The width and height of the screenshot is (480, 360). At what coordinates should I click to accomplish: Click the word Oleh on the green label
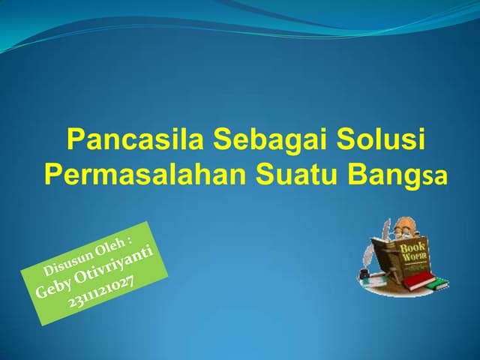tap(113, 241)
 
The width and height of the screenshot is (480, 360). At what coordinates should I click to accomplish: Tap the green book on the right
tap(438, 283)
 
